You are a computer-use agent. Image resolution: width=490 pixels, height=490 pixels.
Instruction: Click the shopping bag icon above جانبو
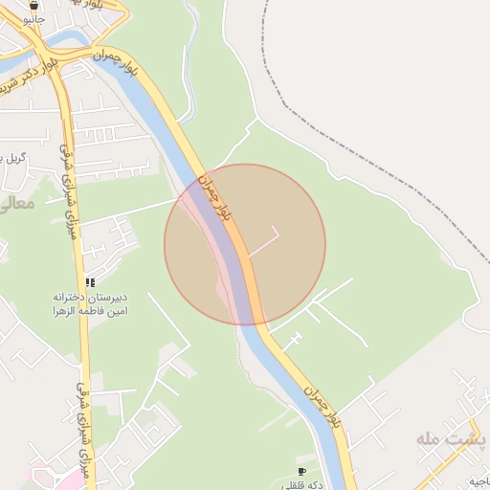34,4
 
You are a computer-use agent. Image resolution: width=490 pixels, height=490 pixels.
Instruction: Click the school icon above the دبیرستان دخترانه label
90,282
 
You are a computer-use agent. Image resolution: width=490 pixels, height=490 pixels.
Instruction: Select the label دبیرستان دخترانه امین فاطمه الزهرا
89,304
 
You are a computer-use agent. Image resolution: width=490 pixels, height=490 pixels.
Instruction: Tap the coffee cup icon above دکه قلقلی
301,472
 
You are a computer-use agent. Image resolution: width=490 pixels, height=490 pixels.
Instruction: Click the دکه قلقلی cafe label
302,484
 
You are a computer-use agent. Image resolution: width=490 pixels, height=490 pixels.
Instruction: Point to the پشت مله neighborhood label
451,438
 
